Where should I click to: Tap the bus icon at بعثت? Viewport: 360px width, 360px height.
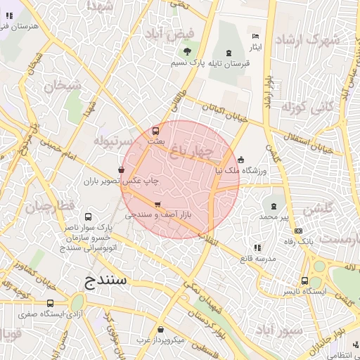155,130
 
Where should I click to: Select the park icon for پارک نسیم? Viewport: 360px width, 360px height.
186,51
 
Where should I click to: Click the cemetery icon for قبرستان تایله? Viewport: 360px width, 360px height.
229,53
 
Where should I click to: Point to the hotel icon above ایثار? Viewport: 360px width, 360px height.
255,36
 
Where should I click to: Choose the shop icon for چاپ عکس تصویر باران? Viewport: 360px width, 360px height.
122,169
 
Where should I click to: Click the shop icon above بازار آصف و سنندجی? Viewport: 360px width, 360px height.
156,205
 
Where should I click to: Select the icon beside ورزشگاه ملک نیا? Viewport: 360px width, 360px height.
241,159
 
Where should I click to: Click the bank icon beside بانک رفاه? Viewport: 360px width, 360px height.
299,231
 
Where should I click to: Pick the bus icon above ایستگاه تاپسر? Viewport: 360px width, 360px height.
304,279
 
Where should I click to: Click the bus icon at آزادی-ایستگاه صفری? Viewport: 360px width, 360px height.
49,303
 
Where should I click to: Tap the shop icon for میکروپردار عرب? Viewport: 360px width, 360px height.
160,329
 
